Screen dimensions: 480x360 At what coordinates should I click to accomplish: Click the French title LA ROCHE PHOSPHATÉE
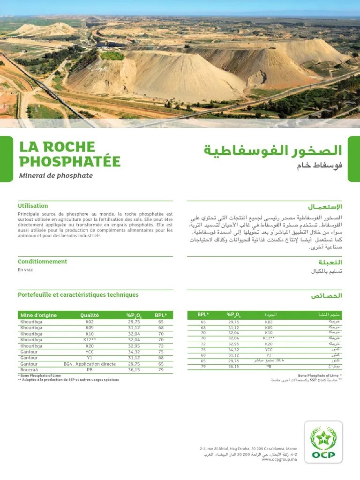(x=69, y=154)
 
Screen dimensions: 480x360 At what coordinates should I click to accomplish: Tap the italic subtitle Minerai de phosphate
(x=56, y=176)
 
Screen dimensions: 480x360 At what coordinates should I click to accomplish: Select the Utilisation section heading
(x=33, y=206)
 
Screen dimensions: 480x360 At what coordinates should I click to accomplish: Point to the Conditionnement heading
(x=42, y=262)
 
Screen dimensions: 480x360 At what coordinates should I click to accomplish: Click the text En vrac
(x=25, y=270)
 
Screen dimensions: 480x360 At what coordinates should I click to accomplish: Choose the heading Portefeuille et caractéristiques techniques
(x=78, y=295)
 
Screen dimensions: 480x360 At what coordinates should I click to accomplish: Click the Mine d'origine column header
(x=38, y=315)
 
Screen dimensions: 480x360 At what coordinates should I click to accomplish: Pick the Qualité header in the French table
(x=90, y=315)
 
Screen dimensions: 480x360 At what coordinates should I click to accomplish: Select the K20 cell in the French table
(x=90, y=346)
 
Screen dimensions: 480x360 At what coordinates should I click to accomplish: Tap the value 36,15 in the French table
(x=134, y=370)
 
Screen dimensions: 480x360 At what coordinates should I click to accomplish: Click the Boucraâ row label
(x=29, y=370)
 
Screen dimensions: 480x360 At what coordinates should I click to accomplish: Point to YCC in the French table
(x=90, y=352)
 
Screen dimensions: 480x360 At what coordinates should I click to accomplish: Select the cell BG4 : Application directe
(x=90, y=364)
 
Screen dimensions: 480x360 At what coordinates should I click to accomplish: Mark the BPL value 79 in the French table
(x=161, y=370)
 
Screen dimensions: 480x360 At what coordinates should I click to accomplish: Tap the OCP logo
(x=323, y=442)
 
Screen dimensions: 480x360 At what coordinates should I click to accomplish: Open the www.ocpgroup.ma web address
(x=279, y=460)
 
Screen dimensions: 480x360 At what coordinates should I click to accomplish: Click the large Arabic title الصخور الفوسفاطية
(x=273, y=150)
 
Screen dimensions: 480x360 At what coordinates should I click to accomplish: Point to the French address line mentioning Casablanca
(x=248, y=449)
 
